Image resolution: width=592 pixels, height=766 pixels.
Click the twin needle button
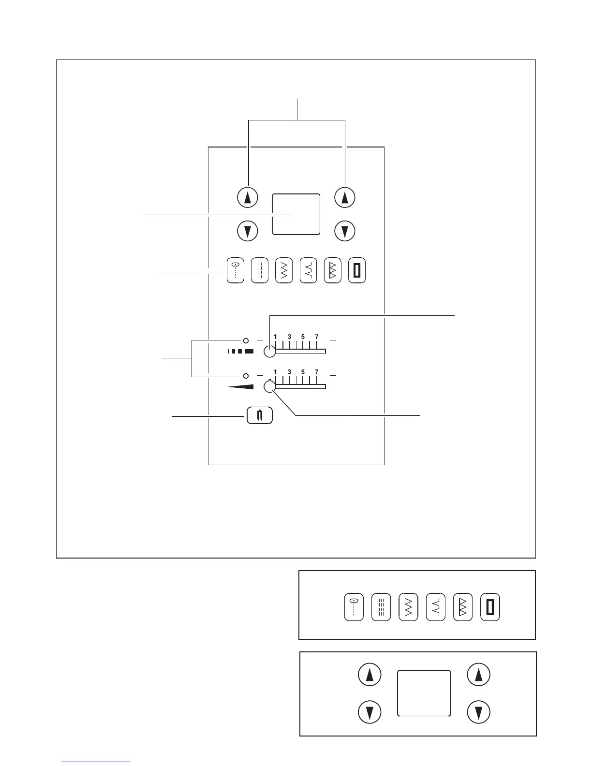(260, 416)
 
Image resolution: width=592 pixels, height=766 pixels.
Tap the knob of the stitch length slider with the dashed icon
(270, 352)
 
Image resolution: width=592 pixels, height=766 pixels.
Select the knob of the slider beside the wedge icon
(270, 386)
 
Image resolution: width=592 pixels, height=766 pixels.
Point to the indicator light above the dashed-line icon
(246, 340)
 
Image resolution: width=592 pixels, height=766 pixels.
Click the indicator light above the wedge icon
(246, 376)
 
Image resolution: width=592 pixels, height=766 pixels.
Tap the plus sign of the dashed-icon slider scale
(333, 340)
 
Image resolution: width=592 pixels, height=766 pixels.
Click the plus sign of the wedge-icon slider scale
(333, 376)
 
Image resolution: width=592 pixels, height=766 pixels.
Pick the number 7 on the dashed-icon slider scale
(317, 337)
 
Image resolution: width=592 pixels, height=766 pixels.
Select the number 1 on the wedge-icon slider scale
(276, 372)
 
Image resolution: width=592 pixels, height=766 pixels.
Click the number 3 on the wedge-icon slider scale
(289, 372)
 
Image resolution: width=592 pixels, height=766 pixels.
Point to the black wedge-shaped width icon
(240, 386)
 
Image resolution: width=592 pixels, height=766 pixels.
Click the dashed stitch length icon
(241, 352)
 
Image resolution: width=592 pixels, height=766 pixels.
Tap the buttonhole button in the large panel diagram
(357, 271)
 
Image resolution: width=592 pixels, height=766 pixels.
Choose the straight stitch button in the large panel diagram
(235, 271)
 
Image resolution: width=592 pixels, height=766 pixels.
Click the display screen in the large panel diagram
(296, 214)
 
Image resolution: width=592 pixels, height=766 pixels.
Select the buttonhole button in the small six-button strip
(490, 607)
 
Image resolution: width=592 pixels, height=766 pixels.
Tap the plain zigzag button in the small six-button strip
(408, 607)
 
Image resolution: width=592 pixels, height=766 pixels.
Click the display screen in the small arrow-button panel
(424, 693)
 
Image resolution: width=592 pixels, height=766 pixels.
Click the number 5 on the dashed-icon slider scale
(303, 337)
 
